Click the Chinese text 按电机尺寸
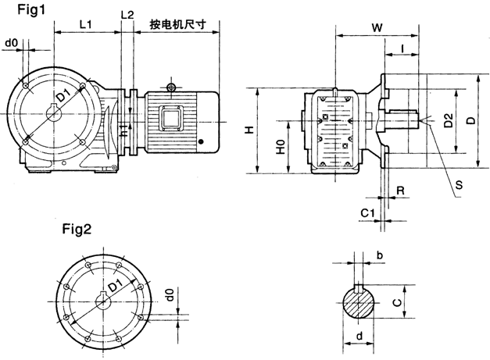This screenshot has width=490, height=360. point(182,24)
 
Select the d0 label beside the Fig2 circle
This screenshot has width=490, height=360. point(170,297)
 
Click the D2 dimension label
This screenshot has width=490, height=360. point(448,120)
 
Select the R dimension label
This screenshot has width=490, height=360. point(399,190)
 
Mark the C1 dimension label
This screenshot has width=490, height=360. point(367,212)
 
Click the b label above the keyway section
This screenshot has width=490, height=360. point(379,255)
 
